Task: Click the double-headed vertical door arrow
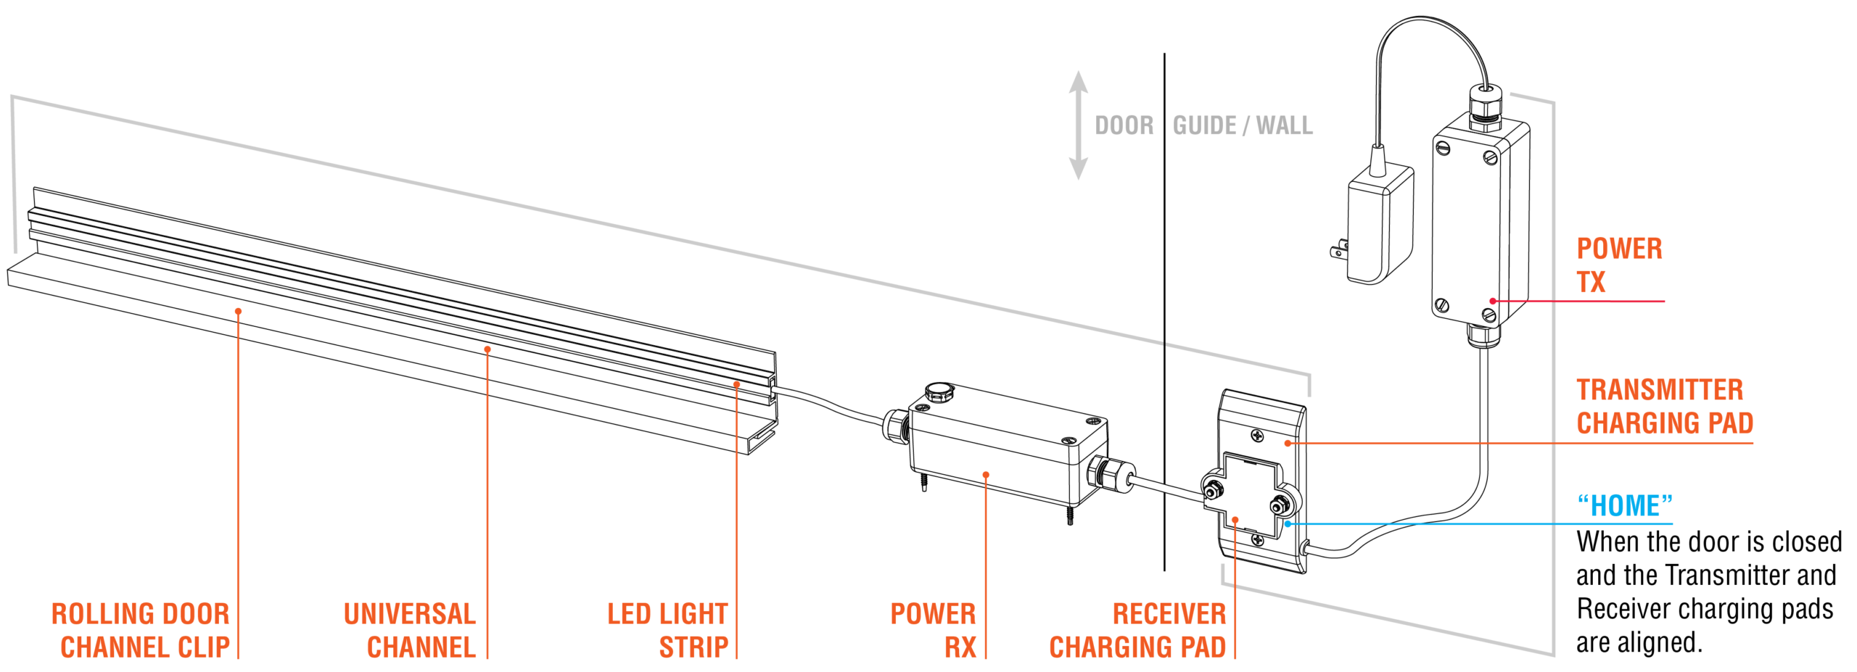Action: click(x=1078, y=125)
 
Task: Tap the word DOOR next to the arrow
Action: click(x=1124, y=126)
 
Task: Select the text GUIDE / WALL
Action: click(x=1243, y=126)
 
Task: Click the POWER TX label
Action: click(x=1618, y=265)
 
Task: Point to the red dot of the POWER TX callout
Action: click(x=1493, y=301)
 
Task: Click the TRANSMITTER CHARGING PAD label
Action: click(x=1664, y=407)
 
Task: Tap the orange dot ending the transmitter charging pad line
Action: click(x=1288, y=443)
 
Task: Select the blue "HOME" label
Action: click(x=1625, y=506)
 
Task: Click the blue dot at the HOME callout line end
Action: click(x=1288, y=523)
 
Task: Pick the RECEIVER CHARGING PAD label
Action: click(x=1137, y=631)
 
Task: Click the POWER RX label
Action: click(x=933, y=631)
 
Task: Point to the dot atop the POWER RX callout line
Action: click(x=986, y=475)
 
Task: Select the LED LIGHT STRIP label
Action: click(x=667, y=631)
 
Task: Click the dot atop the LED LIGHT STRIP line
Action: click(x=736, y=384)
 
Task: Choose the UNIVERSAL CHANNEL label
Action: click(x=410, y=631)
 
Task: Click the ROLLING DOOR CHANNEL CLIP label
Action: click(x=141, y=631)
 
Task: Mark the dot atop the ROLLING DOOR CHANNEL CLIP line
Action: click(x=238, y=311)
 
